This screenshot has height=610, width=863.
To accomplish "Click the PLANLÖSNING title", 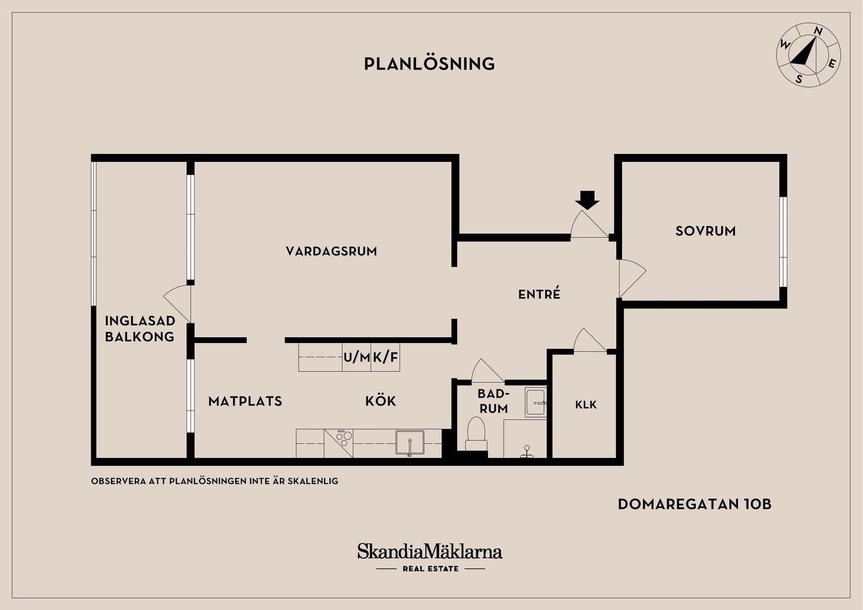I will [429, 64].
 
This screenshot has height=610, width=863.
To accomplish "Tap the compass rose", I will [809, 55].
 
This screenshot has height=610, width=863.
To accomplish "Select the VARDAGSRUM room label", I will [331, 251].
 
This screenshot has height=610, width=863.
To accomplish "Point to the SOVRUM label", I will [705, 231].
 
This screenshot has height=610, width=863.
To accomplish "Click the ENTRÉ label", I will [539, 294].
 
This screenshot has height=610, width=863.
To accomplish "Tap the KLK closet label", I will [586, 405].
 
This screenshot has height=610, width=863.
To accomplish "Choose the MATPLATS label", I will [245, 401].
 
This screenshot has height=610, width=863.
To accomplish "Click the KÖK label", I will [380, 401].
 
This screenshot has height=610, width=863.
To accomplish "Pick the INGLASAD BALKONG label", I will [140, 329].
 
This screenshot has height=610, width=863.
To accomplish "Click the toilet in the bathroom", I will [476, 433].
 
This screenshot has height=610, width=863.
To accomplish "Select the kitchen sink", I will [409, 442].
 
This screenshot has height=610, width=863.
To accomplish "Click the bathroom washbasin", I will [536, 402].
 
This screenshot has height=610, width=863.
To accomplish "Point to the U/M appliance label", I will [356, 357].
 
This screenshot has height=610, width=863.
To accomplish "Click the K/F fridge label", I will [385, 357].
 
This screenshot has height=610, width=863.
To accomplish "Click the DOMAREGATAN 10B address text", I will [694, 504].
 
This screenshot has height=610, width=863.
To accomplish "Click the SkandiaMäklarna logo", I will [430, 552].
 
